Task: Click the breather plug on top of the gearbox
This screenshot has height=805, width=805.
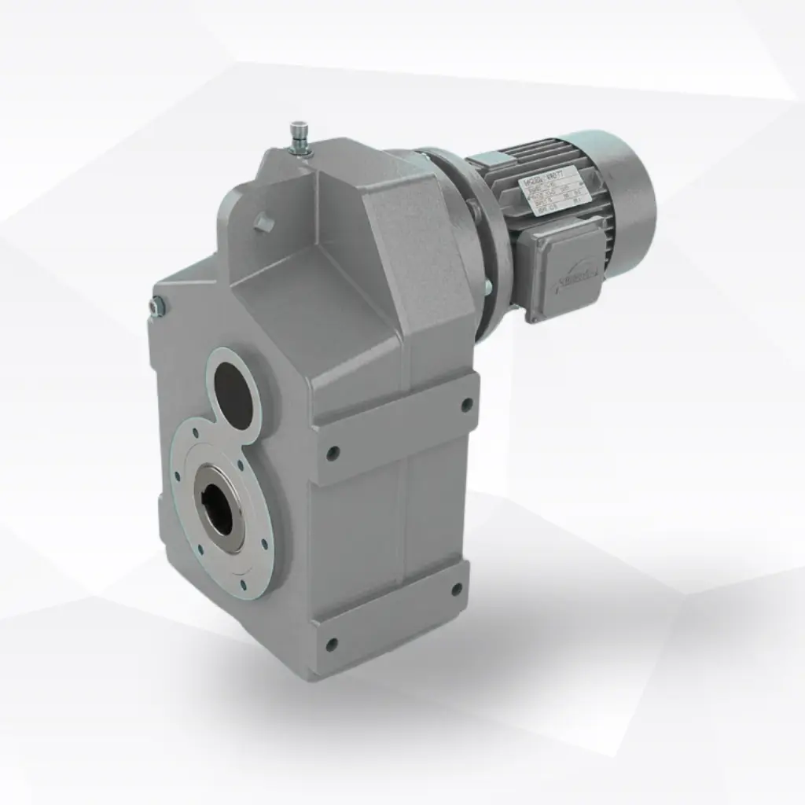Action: tap(298, 135)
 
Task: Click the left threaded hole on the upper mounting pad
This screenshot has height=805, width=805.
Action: tap(333, 452)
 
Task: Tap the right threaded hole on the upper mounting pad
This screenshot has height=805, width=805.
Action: tap(466, 405)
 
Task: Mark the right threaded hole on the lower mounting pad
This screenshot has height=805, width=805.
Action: tap(456, 588)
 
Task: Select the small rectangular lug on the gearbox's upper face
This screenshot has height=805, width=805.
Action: tap(265, 223)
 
